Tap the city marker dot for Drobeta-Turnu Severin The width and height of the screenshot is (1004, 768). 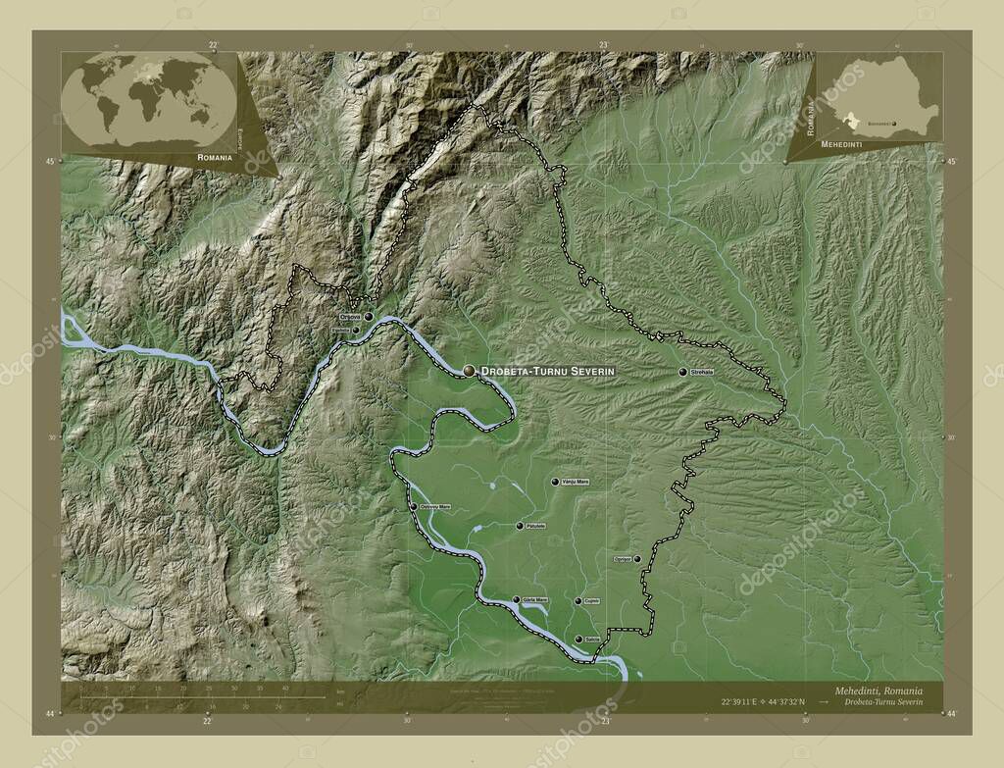coord(471,370)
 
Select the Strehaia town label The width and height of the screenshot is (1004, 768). coord(702,372)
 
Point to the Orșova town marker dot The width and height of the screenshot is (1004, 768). coord(369,317)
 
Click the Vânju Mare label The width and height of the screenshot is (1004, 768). coord(576,482)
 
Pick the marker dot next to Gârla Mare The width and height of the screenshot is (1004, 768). coord(516,599)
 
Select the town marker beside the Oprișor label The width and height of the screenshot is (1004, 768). coord(637,559)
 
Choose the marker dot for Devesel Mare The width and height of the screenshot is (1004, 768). coord(414,507)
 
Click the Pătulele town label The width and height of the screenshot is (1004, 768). coord(535,527)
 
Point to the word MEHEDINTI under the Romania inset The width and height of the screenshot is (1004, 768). coord(823,143)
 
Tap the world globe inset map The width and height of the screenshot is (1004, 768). coord(149,100)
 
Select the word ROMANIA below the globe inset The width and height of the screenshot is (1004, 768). coord(215,157)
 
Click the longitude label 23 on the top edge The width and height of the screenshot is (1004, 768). coord(604,44)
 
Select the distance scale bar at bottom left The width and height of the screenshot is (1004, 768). coord(196,697)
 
